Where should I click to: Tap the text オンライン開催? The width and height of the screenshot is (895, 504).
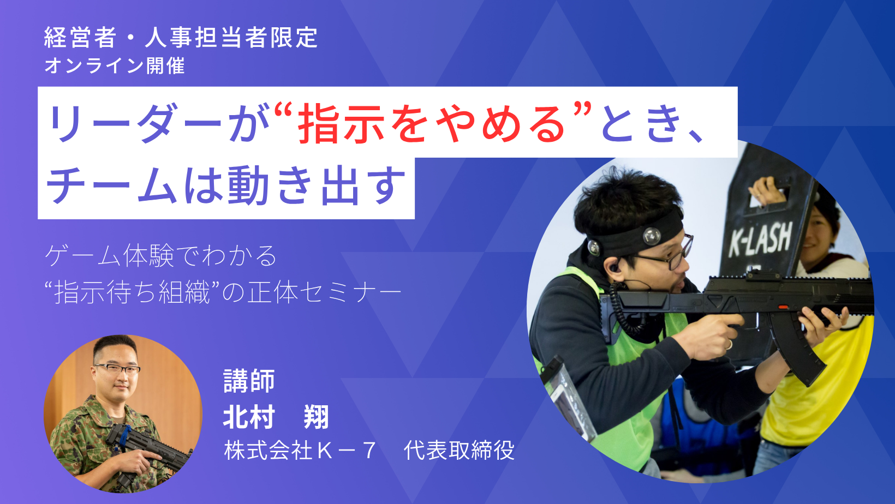[x=114, y=65]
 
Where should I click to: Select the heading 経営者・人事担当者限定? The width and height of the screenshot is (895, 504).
[x=181, y=38]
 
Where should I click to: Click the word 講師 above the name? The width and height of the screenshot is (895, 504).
[x=249, y=381]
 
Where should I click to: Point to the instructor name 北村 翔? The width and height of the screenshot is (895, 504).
[x=276, y=417]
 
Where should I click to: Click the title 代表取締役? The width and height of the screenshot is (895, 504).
[x=458, y=450]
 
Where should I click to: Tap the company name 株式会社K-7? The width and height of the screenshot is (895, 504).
[x=299, y=450]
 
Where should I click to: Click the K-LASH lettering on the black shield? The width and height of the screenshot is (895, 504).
[x=760, y=239]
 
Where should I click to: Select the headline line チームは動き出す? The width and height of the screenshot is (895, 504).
[x=226, y=185]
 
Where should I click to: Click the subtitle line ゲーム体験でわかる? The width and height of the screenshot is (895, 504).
[x=160, y=256]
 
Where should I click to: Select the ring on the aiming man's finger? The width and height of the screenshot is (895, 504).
[x=729, y=344]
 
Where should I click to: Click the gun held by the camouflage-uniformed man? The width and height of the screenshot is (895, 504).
[x=148, y=449]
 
